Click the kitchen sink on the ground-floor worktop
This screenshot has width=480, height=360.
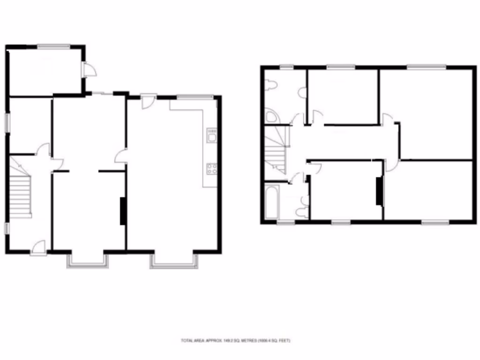pos(211,135)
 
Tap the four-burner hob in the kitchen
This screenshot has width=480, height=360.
pos(211,168)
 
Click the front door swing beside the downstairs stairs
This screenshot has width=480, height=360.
pos(39,247)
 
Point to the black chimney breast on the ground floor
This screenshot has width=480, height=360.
pos(123,210)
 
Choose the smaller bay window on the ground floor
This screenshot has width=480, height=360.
pos(87,261)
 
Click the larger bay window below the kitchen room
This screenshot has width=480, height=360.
pos(173,262)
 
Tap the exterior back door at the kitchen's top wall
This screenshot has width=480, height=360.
pos(148,101)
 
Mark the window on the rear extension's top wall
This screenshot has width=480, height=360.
pos(54,46)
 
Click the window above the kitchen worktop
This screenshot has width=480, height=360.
pos(195,97)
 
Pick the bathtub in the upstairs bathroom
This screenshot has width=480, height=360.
pos(272,202)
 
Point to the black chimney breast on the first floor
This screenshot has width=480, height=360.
pos(379,191)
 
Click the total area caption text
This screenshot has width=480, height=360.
pos(236,340)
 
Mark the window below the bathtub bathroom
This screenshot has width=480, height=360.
pos(283,222)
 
